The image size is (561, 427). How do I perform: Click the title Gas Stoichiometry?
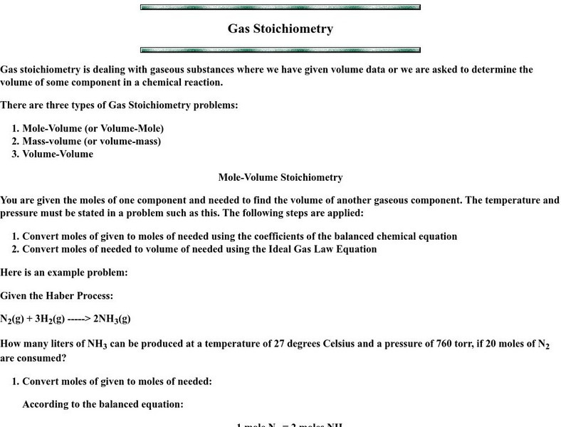[280, 29]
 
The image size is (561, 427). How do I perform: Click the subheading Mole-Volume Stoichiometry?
[280, 177]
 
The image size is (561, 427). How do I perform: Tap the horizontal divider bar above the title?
[280, 7]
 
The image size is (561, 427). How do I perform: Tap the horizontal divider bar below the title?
[280, 50]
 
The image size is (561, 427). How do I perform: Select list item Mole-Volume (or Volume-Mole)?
[93, 128]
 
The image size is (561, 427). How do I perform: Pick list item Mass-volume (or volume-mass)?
[91, 141]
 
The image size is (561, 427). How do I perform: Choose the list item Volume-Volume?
[58, 154]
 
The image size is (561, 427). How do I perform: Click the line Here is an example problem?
[64, 273]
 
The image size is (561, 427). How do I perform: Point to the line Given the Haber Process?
[56, 295]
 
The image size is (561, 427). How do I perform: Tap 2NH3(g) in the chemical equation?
[112, 319]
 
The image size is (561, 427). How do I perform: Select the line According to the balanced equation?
[103, 404]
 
